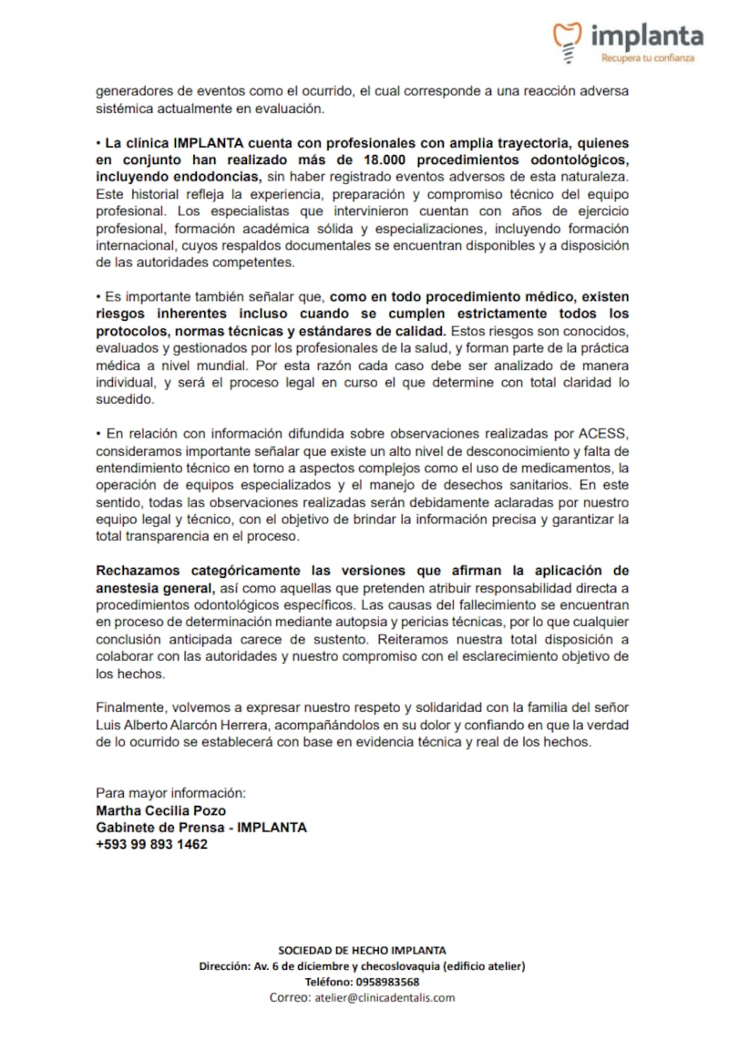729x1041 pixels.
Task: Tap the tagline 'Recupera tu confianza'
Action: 647,58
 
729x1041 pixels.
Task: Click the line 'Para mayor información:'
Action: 170,793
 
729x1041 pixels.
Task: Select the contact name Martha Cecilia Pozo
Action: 160,810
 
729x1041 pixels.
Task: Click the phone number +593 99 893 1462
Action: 151,844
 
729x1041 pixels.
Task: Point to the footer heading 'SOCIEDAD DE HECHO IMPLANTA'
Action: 362,950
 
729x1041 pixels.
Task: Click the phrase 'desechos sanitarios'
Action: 513,485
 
